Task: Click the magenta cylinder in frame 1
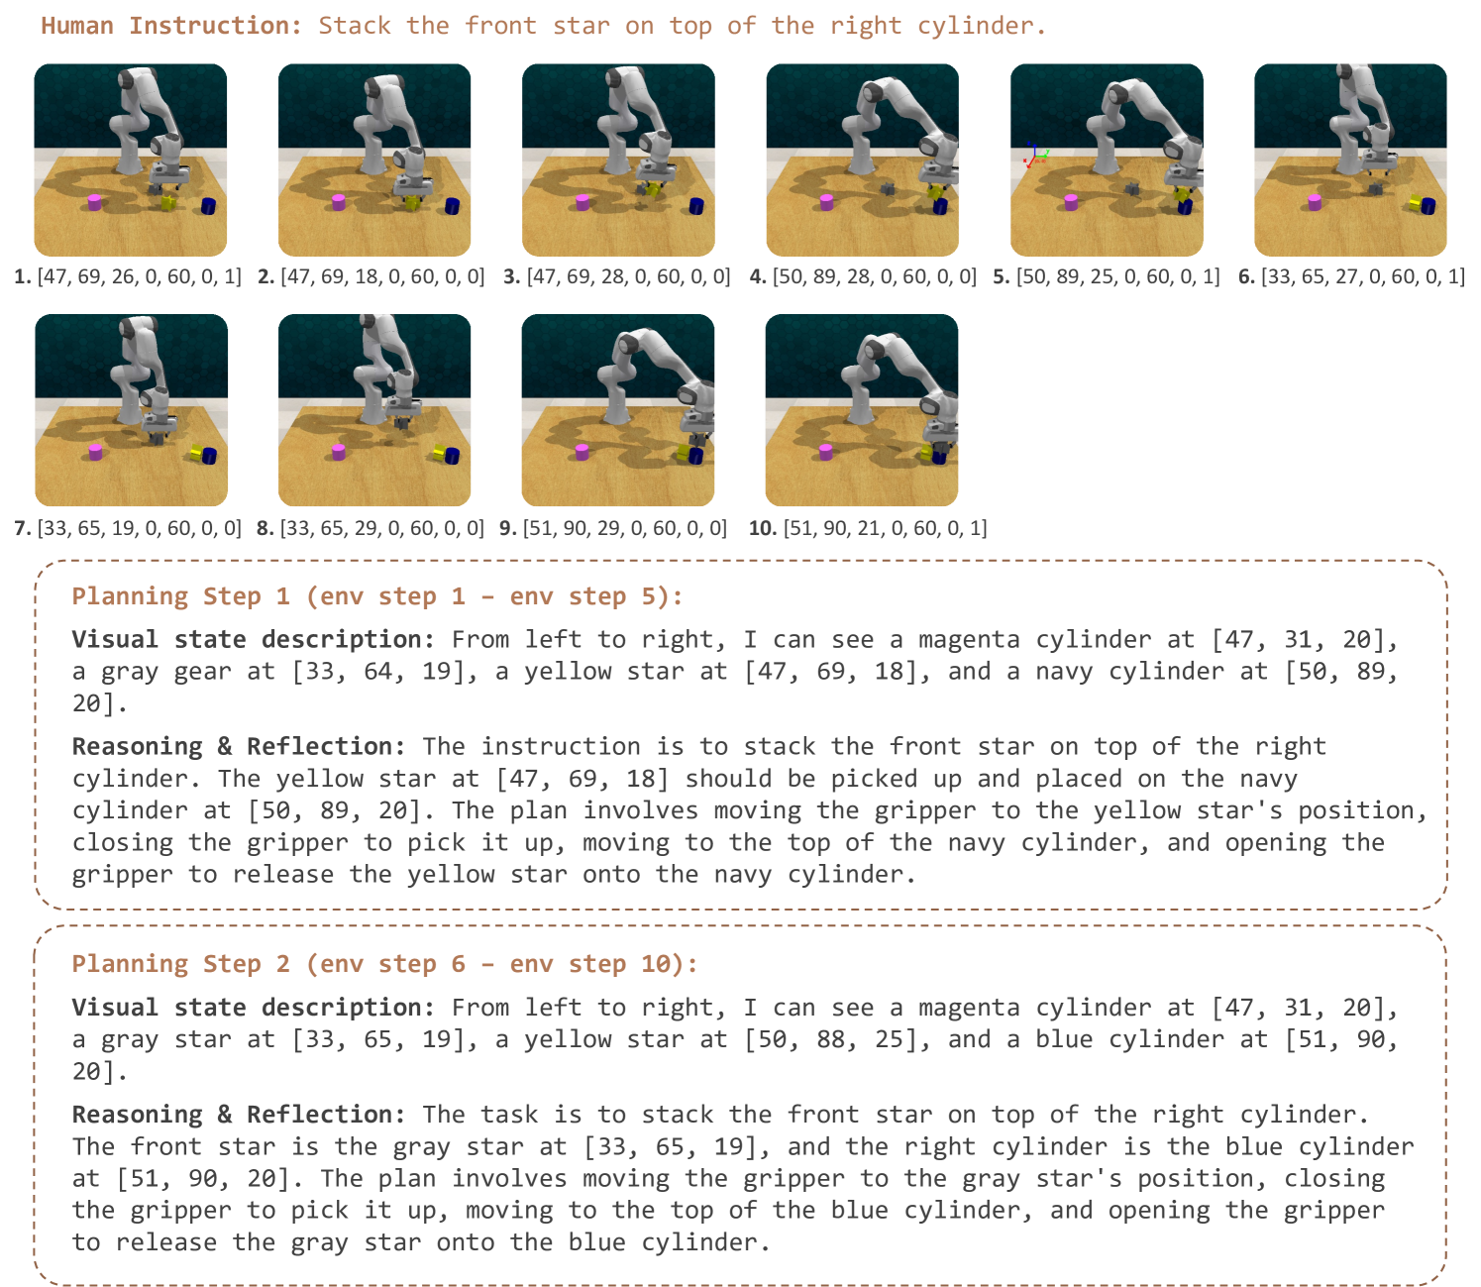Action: pyautogui.click(x=94, y=202)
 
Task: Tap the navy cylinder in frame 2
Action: pyautogui.click(x=452, y=206)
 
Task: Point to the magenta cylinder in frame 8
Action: pyautogui.click(x=338, y=452)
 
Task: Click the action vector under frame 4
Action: pyautogui.click(x=875, y=276)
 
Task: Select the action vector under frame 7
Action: pyautogui.click(x=139, y=528)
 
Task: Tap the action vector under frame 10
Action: pyautogui.click(x=885, y=528)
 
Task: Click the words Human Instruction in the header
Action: pyautogui.click(x=171, y=26)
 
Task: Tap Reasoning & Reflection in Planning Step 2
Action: pyautogui.click(x=238, y=1115)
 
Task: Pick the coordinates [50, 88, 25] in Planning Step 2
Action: pyautogui.click(x=837, y=1040)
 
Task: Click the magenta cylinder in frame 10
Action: pyautogui.click(x=825, y=453)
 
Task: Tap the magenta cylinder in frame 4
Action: pyautogui.click(x=826, y=202)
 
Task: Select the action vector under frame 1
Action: pyautogui.click(x=139, y=276)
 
